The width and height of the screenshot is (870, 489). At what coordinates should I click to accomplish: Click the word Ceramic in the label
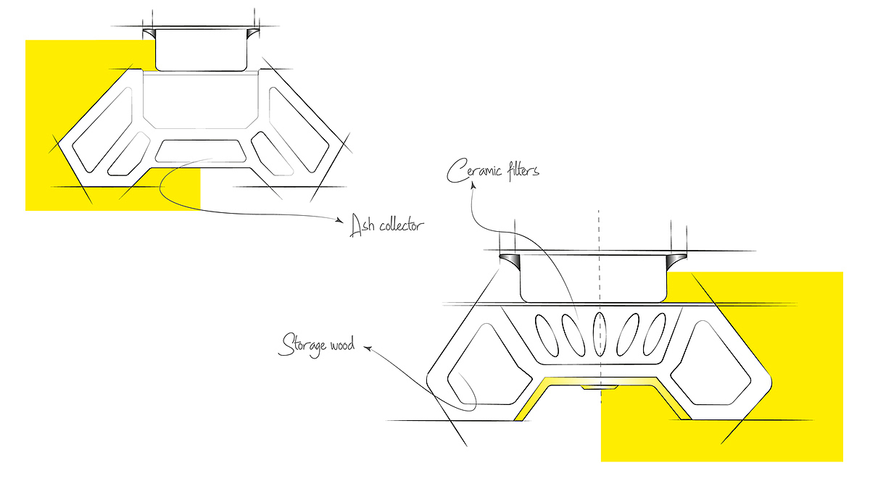(473, 172)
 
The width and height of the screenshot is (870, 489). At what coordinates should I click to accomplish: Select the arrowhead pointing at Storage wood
(367, 349)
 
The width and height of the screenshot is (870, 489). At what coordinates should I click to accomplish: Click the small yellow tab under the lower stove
(599, 388)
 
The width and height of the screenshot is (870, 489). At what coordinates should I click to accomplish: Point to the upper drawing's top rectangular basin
(202, 49)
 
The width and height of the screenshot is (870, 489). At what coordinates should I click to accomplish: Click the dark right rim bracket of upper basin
(253, 35)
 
